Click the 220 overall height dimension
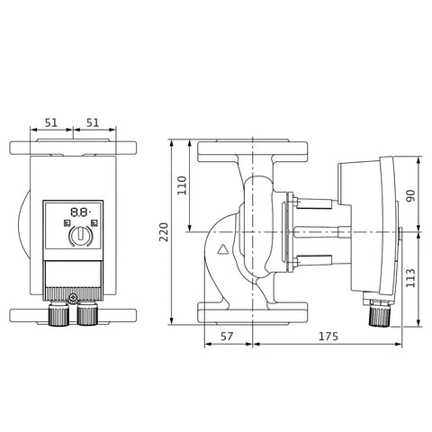tap(164, 232)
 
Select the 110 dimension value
tap(182, 185)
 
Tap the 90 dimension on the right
tap(411, 195)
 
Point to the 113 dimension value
tap(410, 278)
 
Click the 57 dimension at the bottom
tap(227, 337)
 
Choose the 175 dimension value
tap(328, 337)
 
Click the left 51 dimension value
tap(51, 122)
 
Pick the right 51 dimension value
tap(93, 122)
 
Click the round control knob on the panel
tap(80, 236)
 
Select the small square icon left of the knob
tap(67, 223)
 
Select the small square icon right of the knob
tap(94, 223)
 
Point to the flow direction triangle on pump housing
tap(223, 249)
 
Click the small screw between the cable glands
tap(73, 298)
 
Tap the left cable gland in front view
tap(58, 313)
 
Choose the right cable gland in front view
tap(87, 313)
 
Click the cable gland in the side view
tap(380, 314)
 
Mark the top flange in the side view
tap(253, 151)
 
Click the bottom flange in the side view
tap(253, 313)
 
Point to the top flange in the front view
tap(73, 147)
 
